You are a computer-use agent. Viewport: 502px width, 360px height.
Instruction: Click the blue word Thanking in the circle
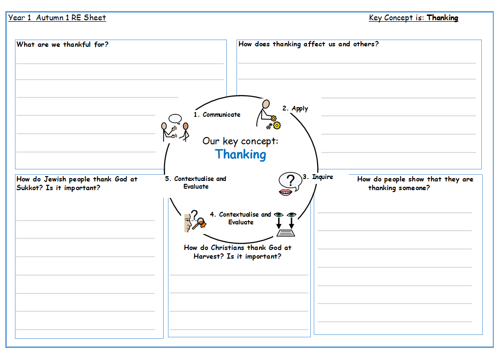(x=240, y=154)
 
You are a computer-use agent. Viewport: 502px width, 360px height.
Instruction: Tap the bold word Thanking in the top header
(x=442, y=18)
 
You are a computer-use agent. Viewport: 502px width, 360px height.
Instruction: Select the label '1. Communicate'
(x=217, y=114)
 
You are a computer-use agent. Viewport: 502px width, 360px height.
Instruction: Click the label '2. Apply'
(x=295, y=109)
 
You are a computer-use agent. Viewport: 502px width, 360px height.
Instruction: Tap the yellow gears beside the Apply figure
(x=275, y=123)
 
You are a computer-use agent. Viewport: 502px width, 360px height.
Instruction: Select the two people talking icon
(x=175, y=127)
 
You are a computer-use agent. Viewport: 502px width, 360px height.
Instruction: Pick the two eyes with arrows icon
(x=285, y=224)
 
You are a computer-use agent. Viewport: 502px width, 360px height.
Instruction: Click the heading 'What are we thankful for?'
(x=62, y=44)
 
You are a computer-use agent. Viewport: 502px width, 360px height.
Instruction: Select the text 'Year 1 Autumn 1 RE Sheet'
(x=57, y=18)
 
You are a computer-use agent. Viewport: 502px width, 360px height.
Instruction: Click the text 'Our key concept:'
(x=240, y=141)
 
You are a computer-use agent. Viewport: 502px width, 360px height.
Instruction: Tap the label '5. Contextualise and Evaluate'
(x=195, y=182)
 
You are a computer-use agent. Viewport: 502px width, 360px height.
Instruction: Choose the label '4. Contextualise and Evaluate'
(x=240, y=218)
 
